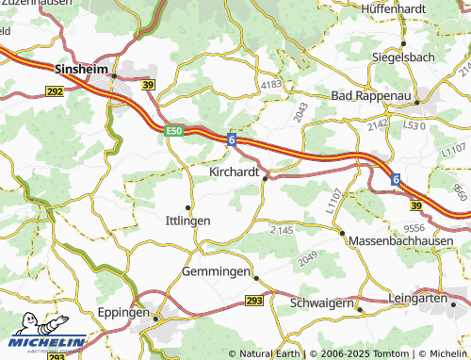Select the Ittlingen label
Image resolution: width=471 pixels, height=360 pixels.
187,221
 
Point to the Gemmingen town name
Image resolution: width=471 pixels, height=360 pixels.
215,271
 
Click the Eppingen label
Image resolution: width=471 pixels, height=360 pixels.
123,311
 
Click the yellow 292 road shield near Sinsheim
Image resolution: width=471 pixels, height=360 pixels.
55,90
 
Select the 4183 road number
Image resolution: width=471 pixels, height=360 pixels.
271,85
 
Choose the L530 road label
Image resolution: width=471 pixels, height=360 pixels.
415,124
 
